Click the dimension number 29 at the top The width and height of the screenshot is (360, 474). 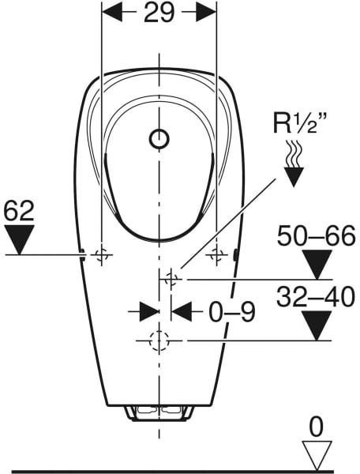159,13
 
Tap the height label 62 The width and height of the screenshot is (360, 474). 19,211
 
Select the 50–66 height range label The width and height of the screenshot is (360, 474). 317,235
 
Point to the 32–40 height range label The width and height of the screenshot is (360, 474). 316,297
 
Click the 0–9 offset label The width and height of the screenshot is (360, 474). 232,312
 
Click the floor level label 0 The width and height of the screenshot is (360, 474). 317,427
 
